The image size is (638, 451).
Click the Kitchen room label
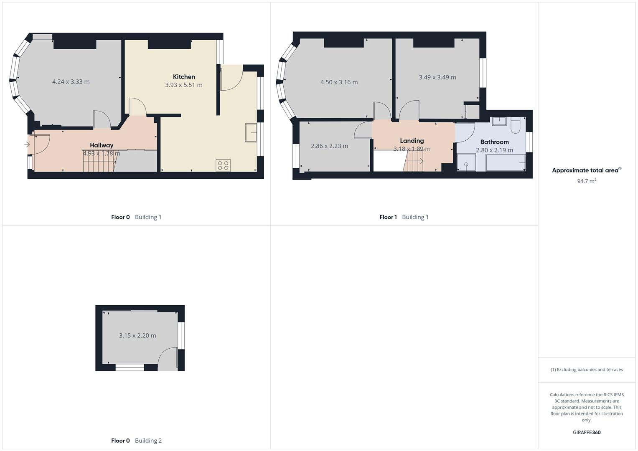[x=184, y=77]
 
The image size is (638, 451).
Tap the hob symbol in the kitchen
[x=223, y=165]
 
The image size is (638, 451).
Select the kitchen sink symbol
[x=252, y=133]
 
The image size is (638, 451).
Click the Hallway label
[x=102, y=145]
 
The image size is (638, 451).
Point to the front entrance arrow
[x=27, y=145]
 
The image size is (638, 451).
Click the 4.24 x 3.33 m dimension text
[x=71, y=82]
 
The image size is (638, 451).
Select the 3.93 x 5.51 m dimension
[x=184, y=85]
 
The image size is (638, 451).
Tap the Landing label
[x=412, y=141]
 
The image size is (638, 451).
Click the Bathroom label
[x=495, y=142]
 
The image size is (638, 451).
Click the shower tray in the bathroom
[x=466, y=162]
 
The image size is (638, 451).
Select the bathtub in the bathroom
[x=506, y=162]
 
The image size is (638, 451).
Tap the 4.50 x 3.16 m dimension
[x=339, y=82]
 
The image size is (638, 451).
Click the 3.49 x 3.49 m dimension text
[x=437, y=77]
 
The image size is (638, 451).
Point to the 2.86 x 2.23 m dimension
[x=330, y=146]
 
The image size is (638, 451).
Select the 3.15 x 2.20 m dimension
[x=137, y=336]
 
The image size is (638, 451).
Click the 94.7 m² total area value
[x=587, y=181]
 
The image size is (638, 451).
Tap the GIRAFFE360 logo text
[x=587, y=433]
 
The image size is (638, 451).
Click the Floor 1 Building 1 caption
[x=404, y=217]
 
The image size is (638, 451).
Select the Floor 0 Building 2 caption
[x=136, y=441]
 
